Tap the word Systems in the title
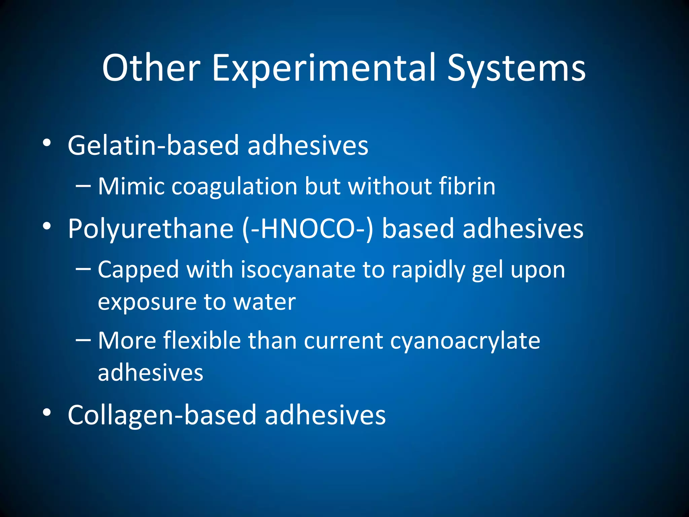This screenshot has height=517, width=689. tap(516, 69)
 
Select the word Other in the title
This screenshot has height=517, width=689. tap(151, 69)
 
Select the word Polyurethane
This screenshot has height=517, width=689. tap(150, 229)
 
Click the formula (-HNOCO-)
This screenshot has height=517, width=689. tap(308, 229)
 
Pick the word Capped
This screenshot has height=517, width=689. tap(138, 270)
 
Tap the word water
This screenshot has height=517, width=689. tap(264, 302)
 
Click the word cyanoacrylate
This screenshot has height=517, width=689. tap(465, 341)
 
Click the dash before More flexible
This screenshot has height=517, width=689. tap(83, 340)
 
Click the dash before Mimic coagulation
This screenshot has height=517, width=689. tap(83, 186)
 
